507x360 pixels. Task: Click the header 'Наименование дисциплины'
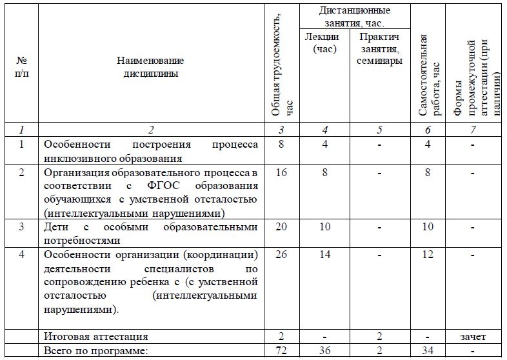[150, 66]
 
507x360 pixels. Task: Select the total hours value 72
[280, 350]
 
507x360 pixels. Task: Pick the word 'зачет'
[473, 336]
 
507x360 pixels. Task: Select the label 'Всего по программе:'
[95, 350]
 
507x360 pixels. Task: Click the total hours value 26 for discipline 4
[280, 254]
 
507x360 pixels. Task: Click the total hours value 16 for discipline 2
[280, 173]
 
